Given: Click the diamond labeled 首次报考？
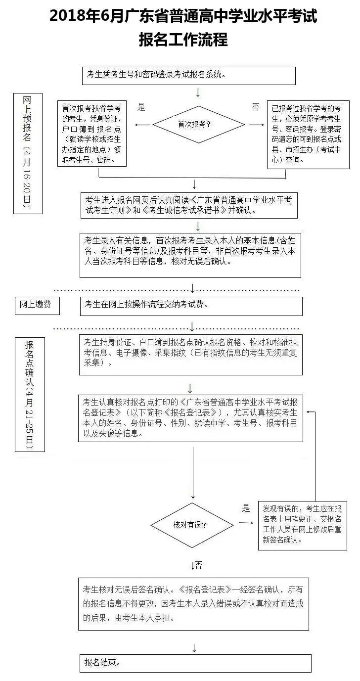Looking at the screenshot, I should [198, 125].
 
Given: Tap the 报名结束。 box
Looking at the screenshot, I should [195, 663].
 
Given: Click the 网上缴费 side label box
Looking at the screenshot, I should [36, 305].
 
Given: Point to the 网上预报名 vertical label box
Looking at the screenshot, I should [27, 153].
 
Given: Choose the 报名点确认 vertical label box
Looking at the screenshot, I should [29, 394].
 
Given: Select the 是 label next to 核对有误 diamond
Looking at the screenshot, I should [246, 508].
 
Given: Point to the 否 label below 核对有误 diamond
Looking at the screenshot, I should [198, 564].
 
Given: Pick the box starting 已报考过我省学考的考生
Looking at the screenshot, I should [308, 134].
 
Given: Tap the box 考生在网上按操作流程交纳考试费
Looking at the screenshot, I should [191, 306].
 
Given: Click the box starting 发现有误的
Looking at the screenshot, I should [302, 525].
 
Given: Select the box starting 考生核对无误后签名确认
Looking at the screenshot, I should [193, 603].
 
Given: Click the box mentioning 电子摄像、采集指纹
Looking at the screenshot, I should [191, 354].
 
